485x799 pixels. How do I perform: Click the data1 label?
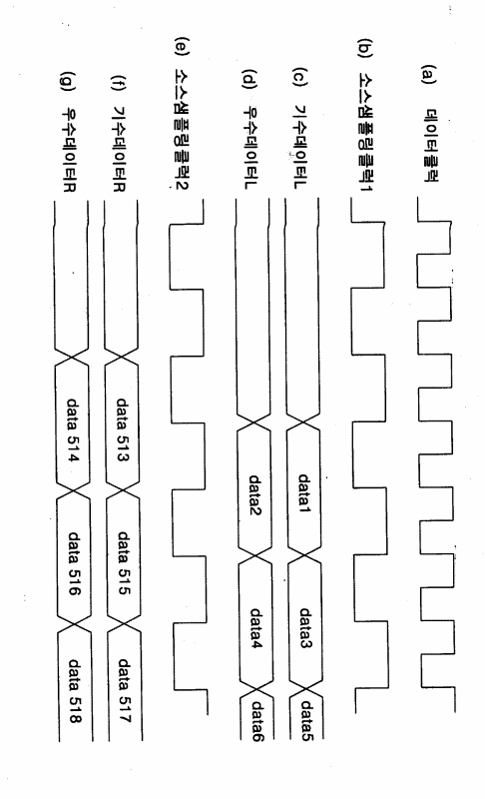(x=303, y=492)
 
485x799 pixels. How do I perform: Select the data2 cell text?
(x=254, y=494)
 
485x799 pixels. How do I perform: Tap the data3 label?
(x=305, y=627)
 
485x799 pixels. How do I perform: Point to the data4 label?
(x=256, y=629)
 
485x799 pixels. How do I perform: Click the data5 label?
(x=307, y=720)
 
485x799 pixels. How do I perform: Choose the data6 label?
(x=257, y=721)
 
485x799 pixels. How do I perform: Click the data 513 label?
(x=122, y=429)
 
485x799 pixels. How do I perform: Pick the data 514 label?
(x=73, y=429)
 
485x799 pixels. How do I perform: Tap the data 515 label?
(x=124, y=562)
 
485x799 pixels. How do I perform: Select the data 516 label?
(x=74, y=563)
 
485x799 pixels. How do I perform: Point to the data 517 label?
(x=125, y=690)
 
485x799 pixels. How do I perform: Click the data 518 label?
(x=75, y=691)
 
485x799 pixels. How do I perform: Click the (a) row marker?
(x=428, y=74)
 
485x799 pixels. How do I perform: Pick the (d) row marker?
(x=248, y=78)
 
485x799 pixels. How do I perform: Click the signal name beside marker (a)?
(x=429, y=145)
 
